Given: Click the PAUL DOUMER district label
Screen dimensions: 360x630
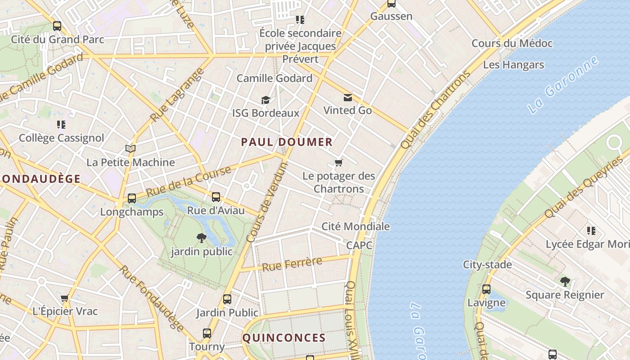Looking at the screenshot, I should point(287,142).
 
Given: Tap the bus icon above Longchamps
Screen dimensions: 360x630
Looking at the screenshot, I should point(132,198).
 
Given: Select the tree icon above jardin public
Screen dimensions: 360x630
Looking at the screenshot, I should point(201,238).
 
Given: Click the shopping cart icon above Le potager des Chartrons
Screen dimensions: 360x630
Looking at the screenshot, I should point(339,162).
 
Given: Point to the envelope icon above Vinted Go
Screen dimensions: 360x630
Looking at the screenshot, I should point(348,97).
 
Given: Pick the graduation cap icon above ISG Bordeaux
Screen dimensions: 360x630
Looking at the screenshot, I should point(265,99).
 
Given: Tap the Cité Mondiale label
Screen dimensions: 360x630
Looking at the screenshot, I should point(355,226).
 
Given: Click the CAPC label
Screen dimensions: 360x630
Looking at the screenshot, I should point(359,245).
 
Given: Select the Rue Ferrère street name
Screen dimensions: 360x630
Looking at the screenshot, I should point(292,264).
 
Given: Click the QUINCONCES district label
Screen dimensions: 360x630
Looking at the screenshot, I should point(284,337).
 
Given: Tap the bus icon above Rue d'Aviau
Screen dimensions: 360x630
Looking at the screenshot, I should point(216,197).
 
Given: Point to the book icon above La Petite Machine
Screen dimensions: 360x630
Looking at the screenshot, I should point(130,148).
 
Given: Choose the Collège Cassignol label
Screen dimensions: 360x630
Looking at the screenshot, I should point(61,138).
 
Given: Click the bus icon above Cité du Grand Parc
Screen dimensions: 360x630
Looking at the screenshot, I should point(57,26).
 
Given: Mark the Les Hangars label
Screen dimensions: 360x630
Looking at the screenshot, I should point(513,65).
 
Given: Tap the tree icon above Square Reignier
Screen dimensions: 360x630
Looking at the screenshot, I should point(565,282).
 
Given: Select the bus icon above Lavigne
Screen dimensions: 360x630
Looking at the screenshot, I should point(486,289).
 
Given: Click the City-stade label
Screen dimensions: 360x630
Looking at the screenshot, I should point(487,265).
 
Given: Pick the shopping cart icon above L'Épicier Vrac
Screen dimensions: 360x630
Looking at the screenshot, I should point(65,298).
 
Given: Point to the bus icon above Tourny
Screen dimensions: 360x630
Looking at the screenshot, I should point(207,333).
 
